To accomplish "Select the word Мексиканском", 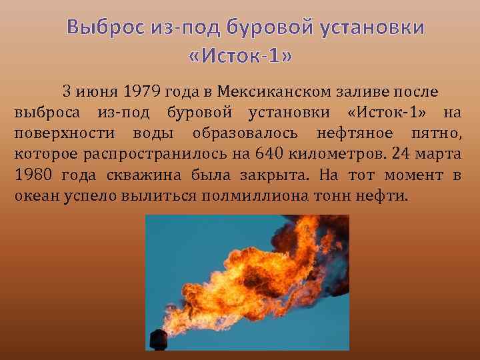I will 269,91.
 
